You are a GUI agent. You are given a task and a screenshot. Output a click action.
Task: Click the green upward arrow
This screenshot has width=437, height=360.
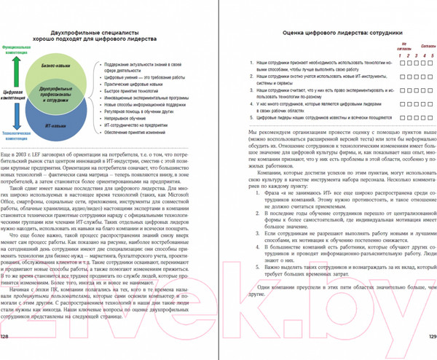coord(24,74)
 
